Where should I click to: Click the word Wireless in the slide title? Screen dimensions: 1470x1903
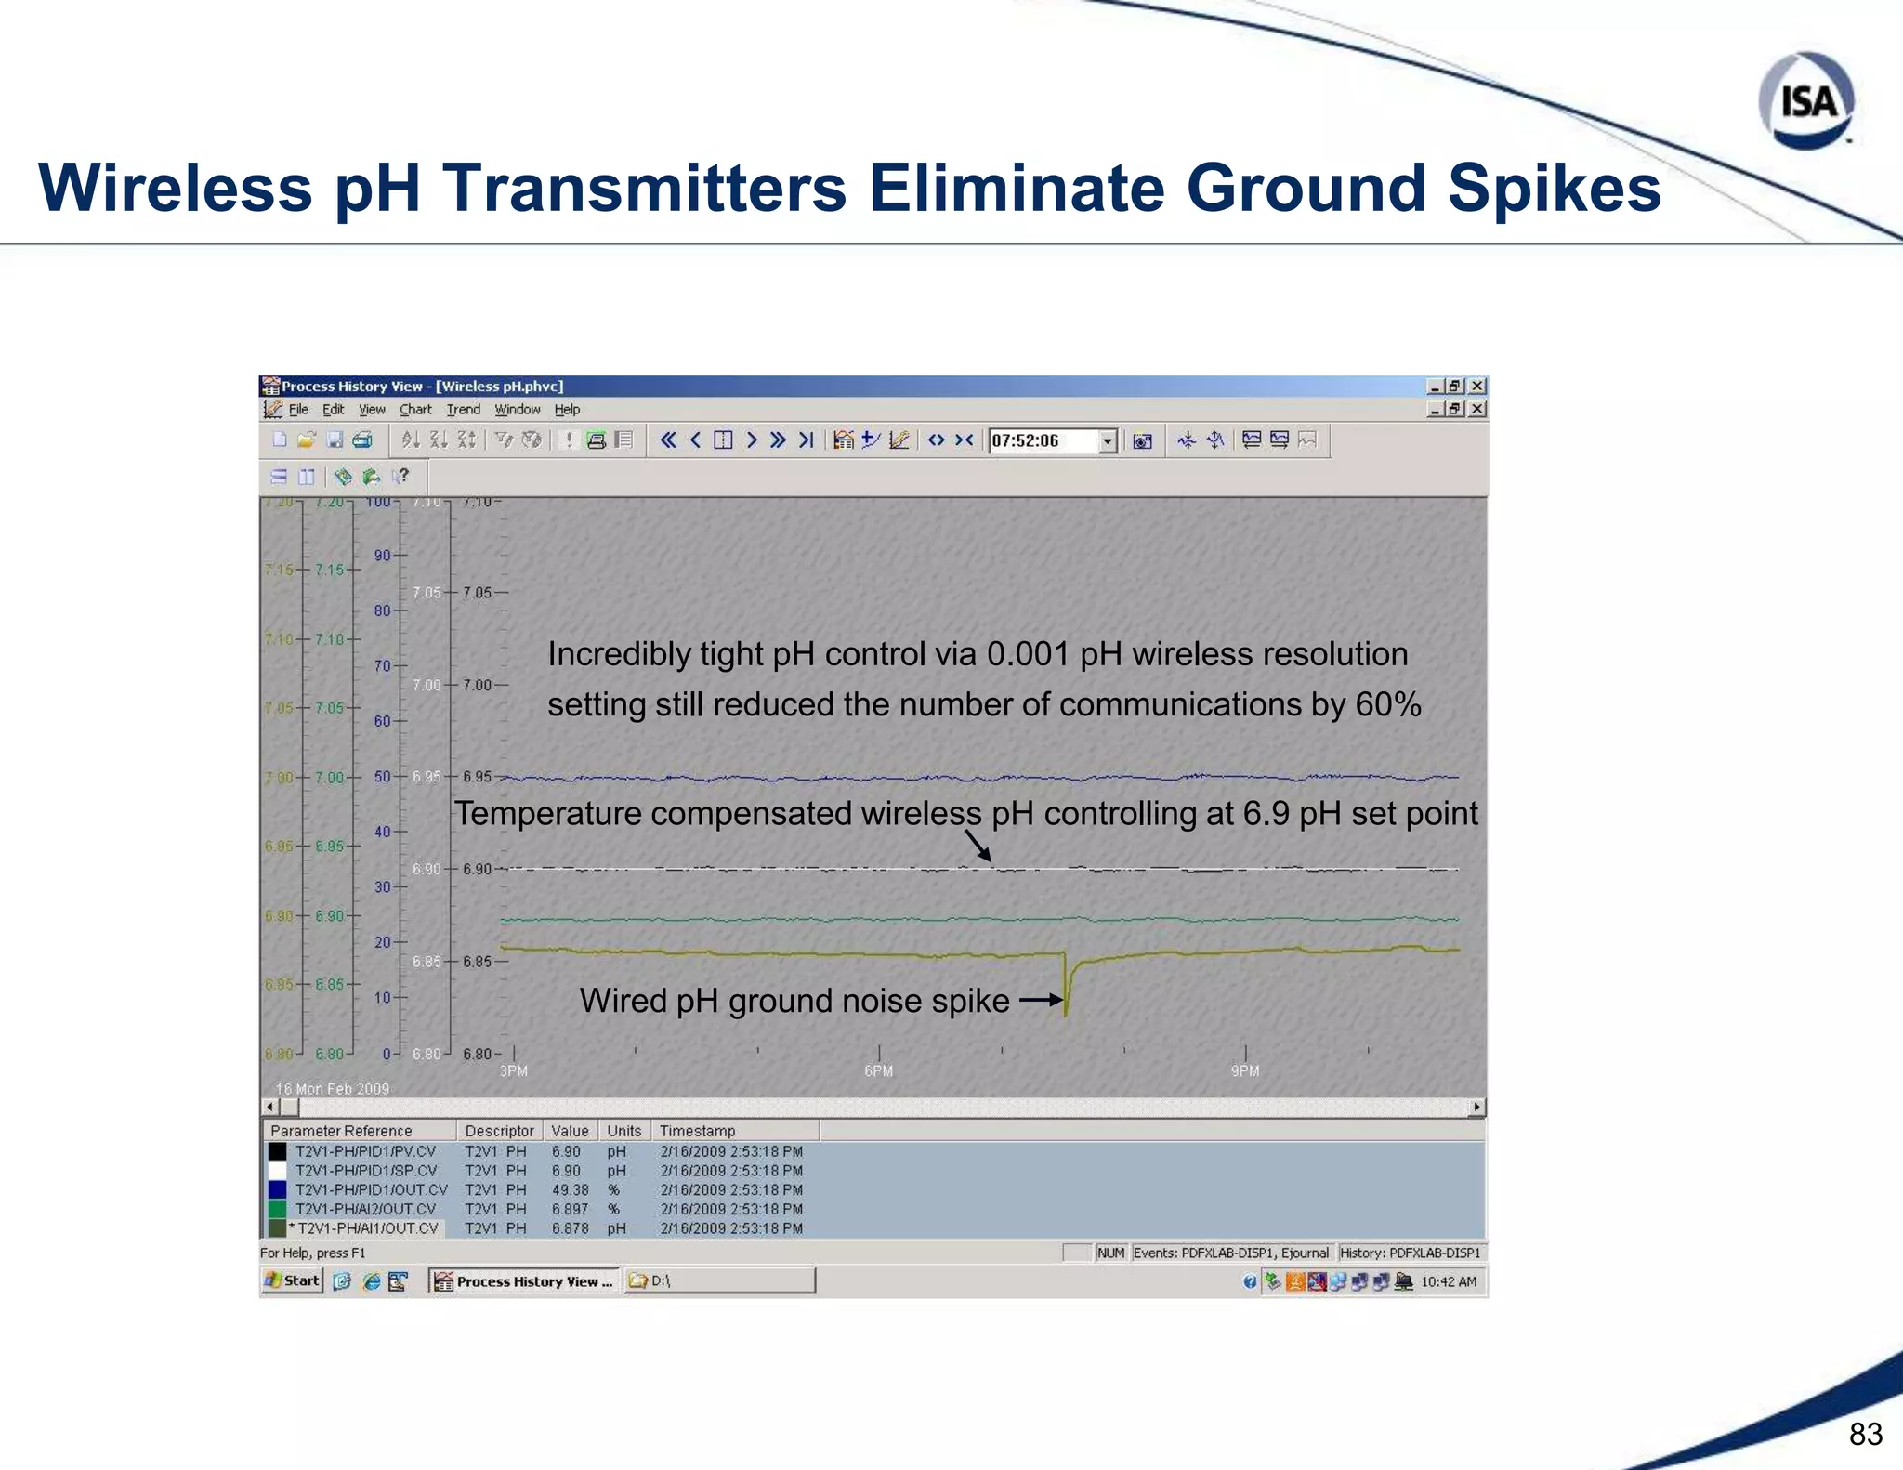tap(175, 189)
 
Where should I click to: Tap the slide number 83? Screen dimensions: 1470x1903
tap(1865, 1434)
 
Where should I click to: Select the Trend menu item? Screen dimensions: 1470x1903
tap(463, 410)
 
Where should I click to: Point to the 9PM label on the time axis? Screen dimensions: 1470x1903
tap(1244, 1071)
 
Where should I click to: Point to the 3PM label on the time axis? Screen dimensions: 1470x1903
tap(514, 1071)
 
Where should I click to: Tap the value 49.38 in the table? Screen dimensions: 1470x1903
tap(570, 1190)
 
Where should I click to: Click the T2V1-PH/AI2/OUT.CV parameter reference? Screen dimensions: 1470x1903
tap(365, 1209)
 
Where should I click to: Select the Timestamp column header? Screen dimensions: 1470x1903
tap(697, 1131)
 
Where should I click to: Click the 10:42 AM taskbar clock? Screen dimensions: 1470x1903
tap(1448, 1282)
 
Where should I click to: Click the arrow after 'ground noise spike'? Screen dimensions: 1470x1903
tap(1041, 1001)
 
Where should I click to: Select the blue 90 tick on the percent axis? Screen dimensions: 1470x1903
tap(382, 556)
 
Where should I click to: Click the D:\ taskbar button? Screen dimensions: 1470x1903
tap(718, 1281)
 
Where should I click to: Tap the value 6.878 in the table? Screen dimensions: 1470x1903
tap(570, 1228)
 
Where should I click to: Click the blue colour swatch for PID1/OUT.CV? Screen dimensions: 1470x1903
tap(277, 1190)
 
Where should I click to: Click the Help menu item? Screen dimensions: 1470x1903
tap(567, 410)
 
